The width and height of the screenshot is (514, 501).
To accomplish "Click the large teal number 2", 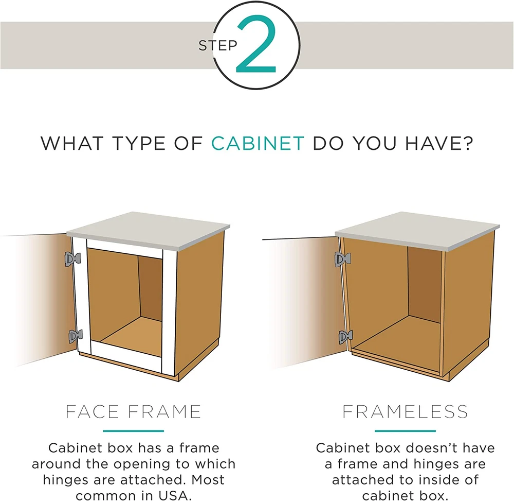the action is tap(256, 44).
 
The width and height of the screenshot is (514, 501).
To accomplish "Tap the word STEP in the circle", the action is tap(217, 45).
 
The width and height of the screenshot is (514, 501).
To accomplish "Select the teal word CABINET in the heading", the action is tap(258, 144).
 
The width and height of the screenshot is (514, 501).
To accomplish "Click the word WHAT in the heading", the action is tap(71, 144).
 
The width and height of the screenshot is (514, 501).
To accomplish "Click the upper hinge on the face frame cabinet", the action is tap(72, 259).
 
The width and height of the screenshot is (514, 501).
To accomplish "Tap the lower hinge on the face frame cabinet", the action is tap(76, 336).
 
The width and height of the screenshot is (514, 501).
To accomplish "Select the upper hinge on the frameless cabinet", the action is tap(342, 260).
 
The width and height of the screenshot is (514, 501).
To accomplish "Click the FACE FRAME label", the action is tap(133, 412).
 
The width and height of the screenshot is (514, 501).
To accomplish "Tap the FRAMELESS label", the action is tap(405, 412).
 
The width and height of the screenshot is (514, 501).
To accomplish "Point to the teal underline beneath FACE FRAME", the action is tap(134, 431).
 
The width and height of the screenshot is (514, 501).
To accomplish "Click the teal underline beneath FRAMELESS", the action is tap(405, 431).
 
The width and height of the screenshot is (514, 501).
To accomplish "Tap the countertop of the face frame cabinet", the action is tap(148, 230).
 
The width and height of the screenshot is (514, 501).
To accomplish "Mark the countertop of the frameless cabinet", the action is tap(417, 230).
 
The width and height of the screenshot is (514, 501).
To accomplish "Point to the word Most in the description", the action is tap(208, 480).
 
